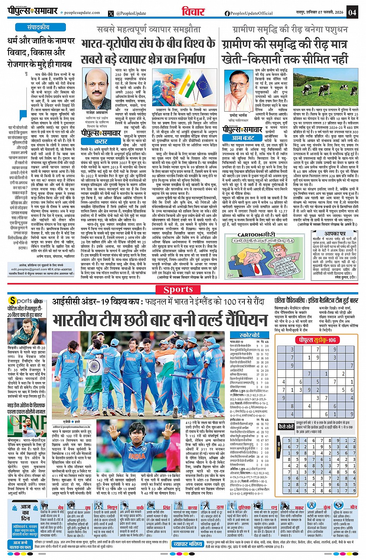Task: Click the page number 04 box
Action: [352, 12]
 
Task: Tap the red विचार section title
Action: [192, 12]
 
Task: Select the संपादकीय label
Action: [38, 28]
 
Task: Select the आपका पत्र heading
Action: [335, 234]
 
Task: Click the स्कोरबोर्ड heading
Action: [249, 335]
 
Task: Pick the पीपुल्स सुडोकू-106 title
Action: [317, 340]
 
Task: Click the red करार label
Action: [101, 141]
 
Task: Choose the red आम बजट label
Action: [243, 138]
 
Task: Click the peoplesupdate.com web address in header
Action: [82, 13]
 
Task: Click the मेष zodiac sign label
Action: [60, 507]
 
